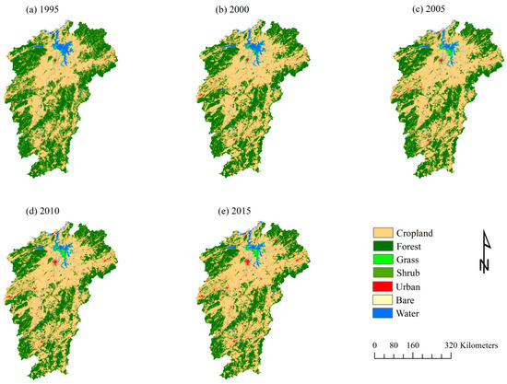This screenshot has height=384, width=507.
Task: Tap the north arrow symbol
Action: [484, 252]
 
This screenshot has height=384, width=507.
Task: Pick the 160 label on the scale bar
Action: [412, 344]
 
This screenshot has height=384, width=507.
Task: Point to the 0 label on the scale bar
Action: [375, 344]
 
